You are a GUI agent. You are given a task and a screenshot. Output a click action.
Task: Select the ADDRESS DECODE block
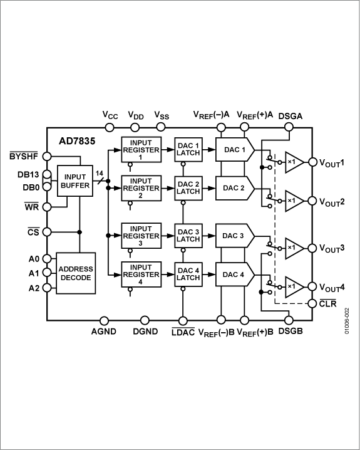[76, 273]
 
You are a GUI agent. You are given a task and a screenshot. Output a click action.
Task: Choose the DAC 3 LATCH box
[187, 236]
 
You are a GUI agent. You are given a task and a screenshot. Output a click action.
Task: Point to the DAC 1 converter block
[234, 150]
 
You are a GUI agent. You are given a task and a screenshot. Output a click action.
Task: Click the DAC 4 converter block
[234, 273]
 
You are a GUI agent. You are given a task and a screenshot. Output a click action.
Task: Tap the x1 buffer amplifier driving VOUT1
[293, 162]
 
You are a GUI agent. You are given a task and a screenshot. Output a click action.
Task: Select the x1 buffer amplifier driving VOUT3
[293, 247]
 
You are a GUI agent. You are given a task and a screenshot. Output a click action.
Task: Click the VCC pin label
[110, 115]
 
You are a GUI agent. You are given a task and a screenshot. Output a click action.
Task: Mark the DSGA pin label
[291, 115]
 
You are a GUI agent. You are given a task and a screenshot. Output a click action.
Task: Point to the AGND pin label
[103, 331]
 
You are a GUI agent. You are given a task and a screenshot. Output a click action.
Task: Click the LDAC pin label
[182, 331]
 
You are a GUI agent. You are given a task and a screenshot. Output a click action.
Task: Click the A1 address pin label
[33, 273]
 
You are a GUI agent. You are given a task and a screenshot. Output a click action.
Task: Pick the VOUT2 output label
[334, 202]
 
